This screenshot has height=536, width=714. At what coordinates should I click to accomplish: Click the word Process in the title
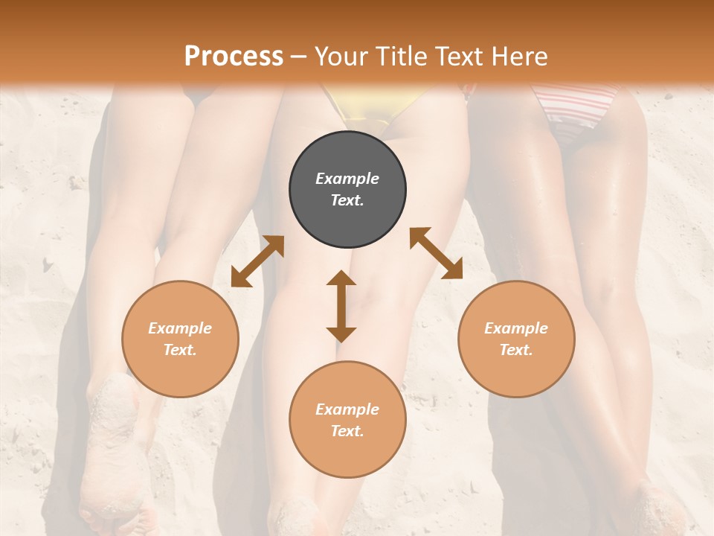234,57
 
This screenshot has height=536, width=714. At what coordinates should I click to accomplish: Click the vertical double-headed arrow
341,307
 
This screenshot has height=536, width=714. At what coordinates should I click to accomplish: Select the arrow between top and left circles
257,261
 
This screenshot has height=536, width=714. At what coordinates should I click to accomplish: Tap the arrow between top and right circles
437,253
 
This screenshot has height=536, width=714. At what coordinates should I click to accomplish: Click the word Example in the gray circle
347,179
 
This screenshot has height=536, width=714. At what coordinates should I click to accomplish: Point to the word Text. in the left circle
180,350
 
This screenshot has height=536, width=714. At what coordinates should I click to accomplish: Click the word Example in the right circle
516,328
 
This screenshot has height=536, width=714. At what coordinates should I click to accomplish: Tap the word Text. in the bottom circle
347,431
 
